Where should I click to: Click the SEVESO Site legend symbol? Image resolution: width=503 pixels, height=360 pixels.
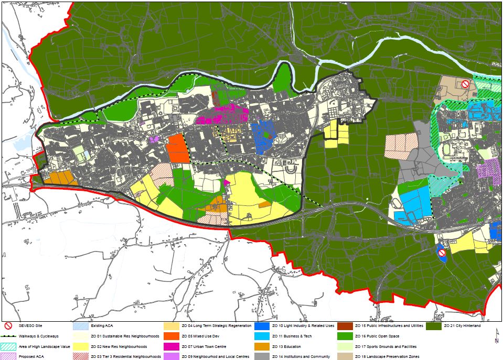point(9,325)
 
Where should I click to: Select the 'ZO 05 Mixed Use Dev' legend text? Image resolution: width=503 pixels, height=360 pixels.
point(201,336)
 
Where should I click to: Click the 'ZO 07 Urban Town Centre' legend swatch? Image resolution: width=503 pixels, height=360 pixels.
point(171,346)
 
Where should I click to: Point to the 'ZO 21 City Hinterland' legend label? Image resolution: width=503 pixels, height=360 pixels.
point(463,326)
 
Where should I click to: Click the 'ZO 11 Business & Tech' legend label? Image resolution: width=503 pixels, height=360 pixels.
point(292,336)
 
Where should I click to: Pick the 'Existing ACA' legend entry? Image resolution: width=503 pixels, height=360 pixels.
point(96,326)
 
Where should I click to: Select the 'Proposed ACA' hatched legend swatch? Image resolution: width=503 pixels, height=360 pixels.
point(9,356)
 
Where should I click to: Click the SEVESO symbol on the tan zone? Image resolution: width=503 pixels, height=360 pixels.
point(465,84)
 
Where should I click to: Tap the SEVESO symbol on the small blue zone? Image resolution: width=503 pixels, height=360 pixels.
point(442,253)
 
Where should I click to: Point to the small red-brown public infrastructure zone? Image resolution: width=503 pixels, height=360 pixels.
point(216,97)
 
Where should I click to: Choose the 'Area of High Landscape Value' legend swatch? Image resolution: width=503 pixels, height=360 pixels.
point(9,346)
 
